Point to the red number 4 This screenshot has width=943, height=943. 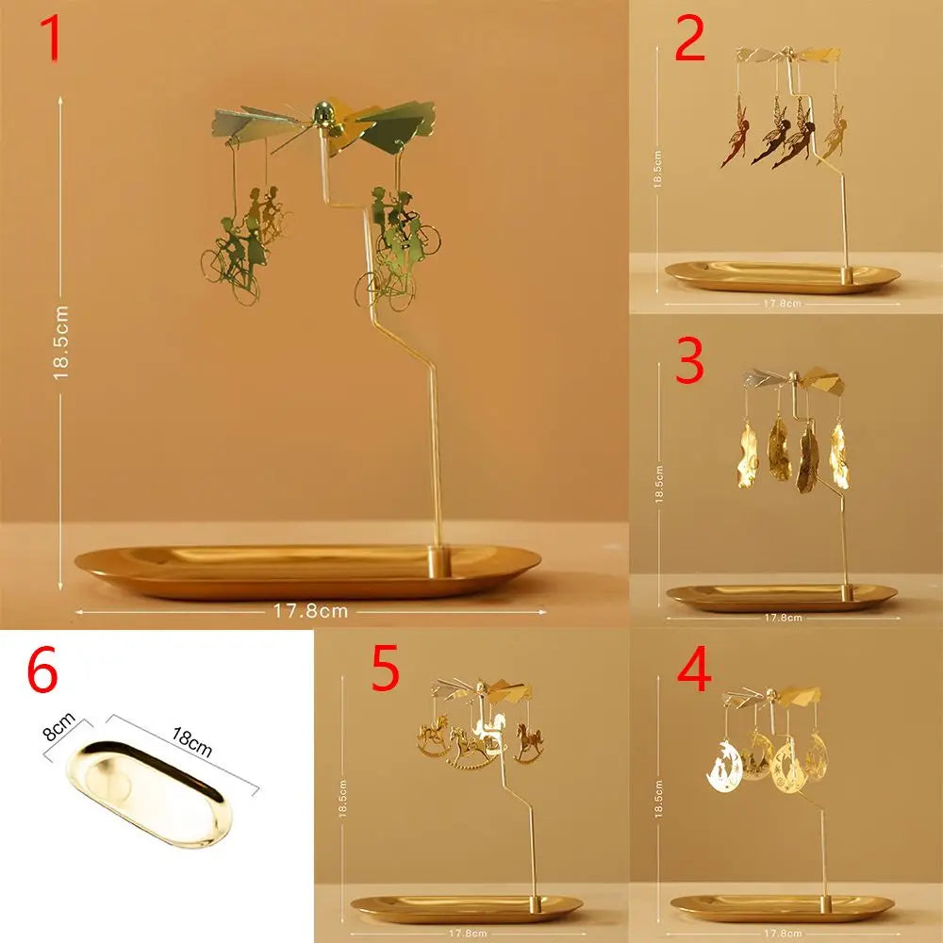point(695,671)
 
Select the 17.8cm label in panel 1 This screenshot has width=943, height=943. point(311,610)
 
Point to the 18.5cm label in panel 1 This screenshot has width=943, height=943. point(62,341)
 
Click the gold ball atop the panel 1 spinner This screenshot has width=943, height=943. point(323,115)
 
